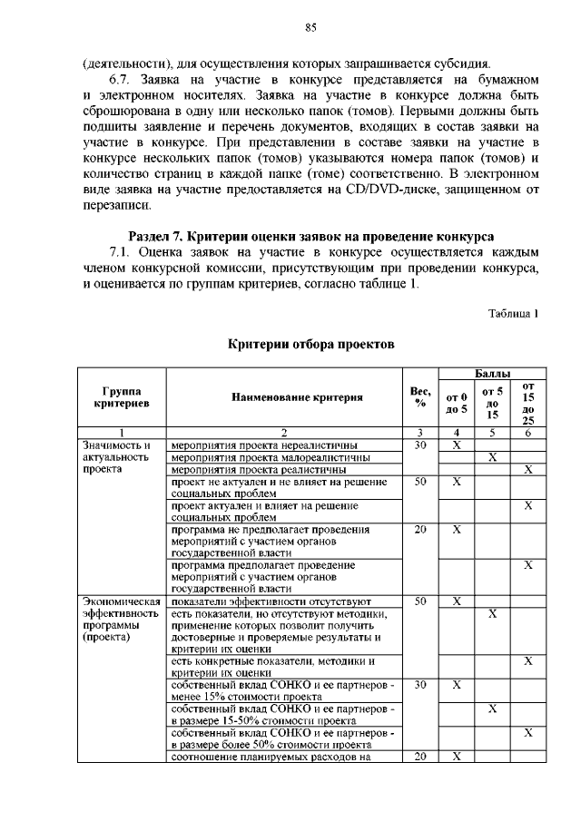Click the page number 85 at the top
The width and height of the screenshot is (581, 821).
(x=310, y=28)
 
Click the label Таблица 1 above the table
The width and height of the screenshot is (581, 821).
(x=514, y=314)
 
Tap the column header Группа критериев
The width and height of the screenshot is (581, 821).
(x=121, y=396)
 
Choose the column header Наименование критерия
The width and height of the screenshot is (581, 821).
(x=284, y=396)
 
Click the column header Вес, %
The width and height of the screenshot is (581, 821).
(x=420, y=396)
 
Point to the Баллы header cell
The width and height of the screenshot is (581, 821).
(x=492, y=373)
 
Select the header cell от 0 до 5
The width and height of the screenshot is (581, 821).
(x=457, y=402)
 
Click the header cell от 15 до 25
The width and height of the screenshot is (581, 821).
(x=527, y=403)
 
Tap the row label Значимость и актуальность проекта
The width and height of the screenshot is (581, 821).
(x=115, y=458)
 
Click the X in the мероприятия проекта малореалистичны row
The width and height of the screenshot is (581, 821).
(x=492, y=458)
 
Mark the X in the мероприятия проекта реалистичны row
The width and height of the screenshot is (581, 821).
(x=527, y=470)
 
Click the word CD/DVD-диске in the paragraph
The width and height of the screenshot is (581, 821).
(x=391, y=189)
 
